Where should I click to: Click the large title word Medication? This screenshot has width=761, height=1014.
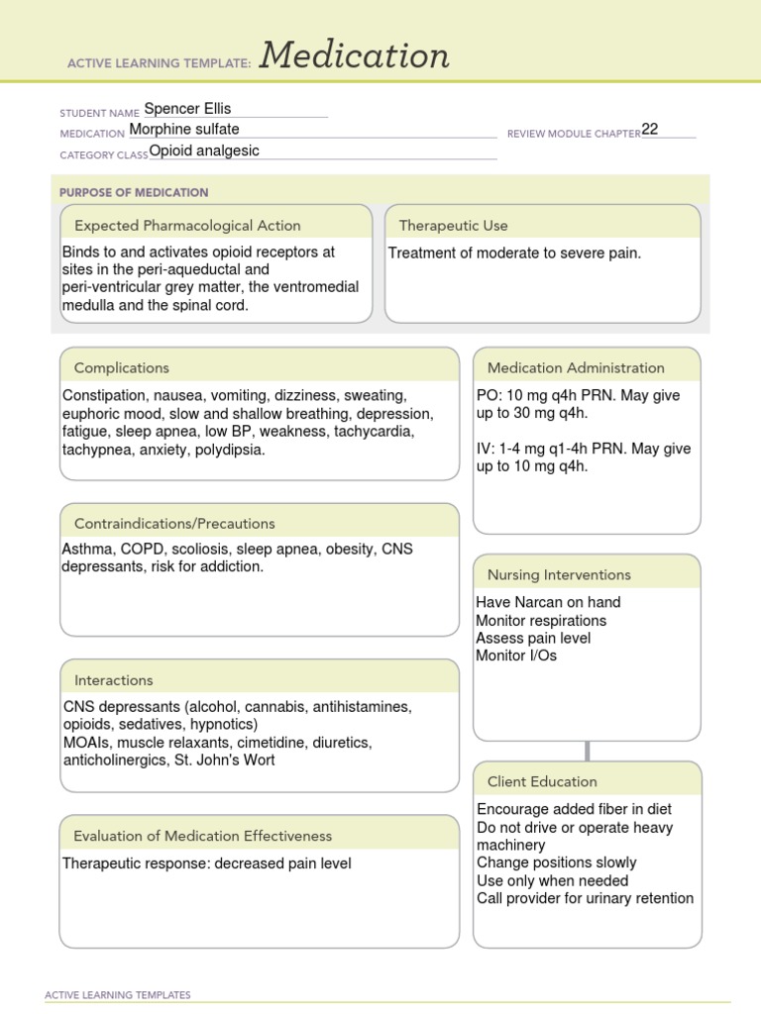354,56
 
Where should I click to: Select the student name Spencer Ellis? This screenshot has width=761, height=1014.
187,109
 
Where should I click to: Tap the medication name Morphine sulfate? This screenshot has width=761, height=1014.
183,129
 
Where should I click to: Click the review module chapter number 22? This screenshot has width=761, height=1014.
650,129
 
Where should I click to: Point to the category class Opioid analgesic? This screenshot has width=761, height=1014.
204,151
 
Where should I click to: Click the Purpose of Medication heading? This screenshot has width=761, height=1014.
134,192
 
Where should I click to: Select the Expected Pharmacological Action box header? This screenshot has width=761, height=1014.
187,226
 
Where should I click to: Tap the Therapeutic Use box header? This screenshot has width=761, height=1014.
453,226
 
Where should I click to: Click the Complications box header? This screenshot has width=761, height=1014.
122,367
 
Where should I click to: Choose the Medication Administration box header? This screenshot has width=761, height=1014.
576,367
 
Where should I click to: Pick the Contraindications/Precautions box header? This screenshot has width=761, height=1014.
174,523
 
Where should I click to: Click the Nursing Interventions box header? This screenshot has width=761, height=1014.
559,574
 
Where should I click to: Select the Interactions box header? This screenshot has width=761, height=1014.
114,680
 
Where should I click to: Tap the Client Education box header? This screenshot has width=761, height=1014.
542,781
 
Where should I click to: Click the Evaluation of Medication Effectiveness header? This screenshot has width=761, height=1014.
203,836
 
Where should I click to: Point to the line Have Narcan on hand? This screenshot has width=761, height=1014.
548,602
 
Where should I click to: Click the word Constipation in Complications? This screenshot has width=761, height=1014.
102,395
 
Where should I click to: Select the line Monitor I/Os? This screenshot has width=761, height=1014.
516,656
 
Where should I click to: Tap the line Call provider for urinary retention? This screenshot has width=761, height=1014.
585,898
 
